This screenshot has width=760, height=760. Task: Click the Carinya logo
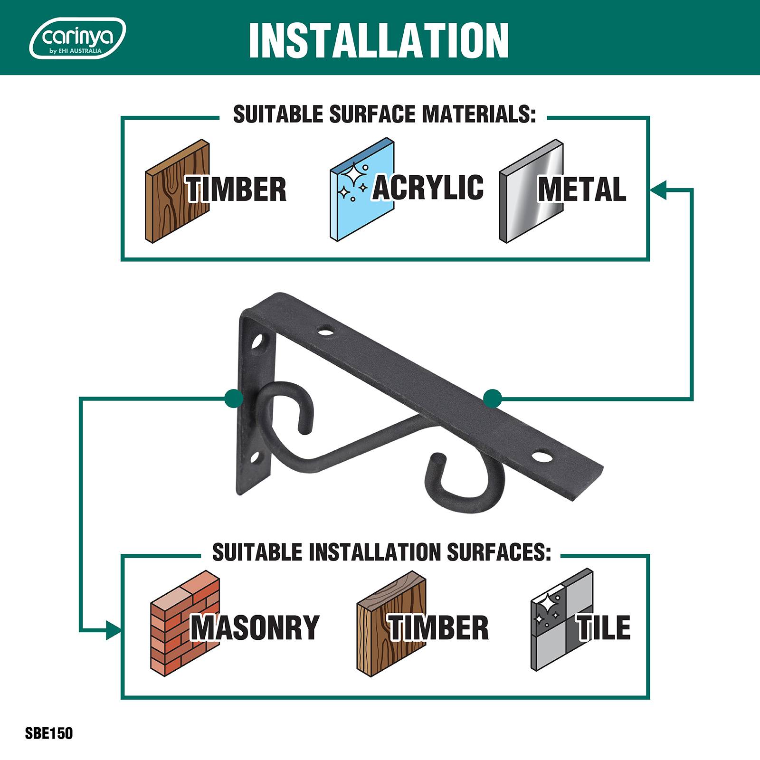[77, 38]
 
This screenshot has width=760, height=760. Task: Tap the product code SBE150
[49, 733]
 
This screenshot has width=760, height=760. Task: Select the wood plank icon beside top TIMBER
[177, 191]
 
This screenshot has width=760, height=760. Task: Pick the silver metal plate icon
[531, 191]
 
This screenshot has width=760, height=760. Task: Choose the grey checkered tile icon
[562, 620]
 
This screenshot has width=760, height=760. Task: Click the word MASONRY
[255, 627]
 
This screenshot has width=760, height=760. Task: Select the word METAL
[582, 189]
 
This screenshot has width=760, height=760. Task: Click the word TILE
[604, 627]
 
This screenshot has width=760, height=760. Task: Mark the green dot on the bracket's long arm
[493, 399]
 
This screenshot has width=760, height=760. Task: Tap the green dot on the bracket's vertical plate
[234, 398]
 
